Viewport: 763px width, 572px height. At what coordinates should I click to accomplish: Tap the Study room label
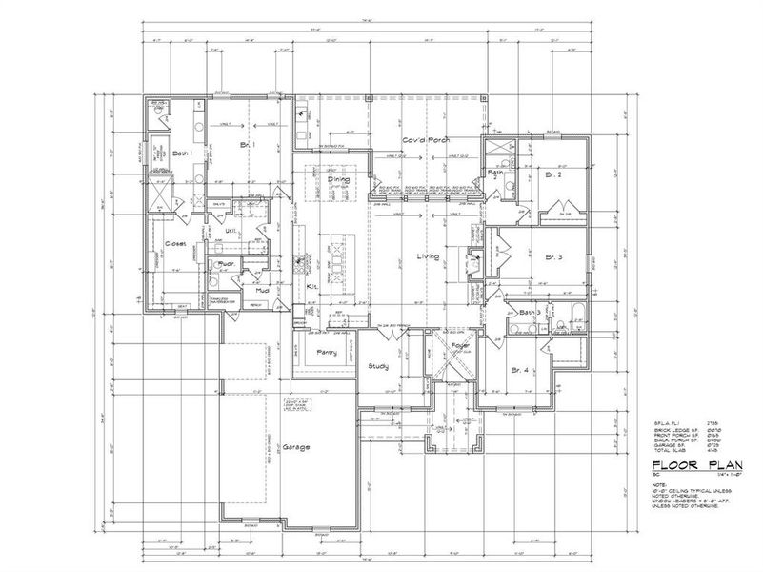click(x=380, y=366)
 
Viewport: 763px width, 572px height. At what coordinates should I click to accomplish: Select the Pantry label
click(x=327, y=353)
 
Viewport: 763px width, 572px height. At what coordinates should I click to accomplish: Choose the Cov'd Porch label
click(x=424, y=140)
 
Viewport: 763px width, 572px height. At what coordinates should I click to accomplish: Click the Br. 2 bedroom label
click(x=555, y=176)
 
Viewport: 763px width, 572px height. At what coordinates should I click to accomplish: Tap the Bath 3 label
click(x=531, y=312)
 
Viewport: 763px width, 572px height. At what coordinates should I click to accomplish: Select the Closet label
click(x=175, y=244)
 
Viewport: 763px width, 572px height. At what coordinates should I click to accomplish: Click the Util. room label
click(x=230, y=231)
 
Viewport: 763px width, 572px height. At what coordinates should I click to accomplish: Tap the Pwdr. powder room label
click(x=227, y=264)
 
